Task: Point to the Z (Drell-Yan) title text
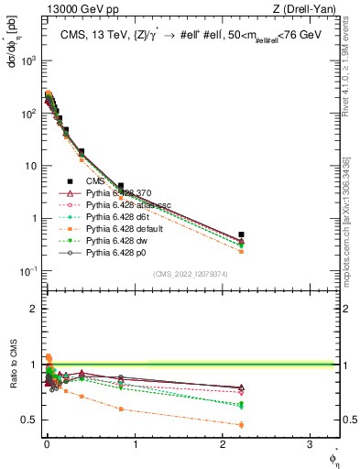coord(307,8)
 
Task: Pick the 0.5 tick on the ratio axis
coord(29,420)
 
